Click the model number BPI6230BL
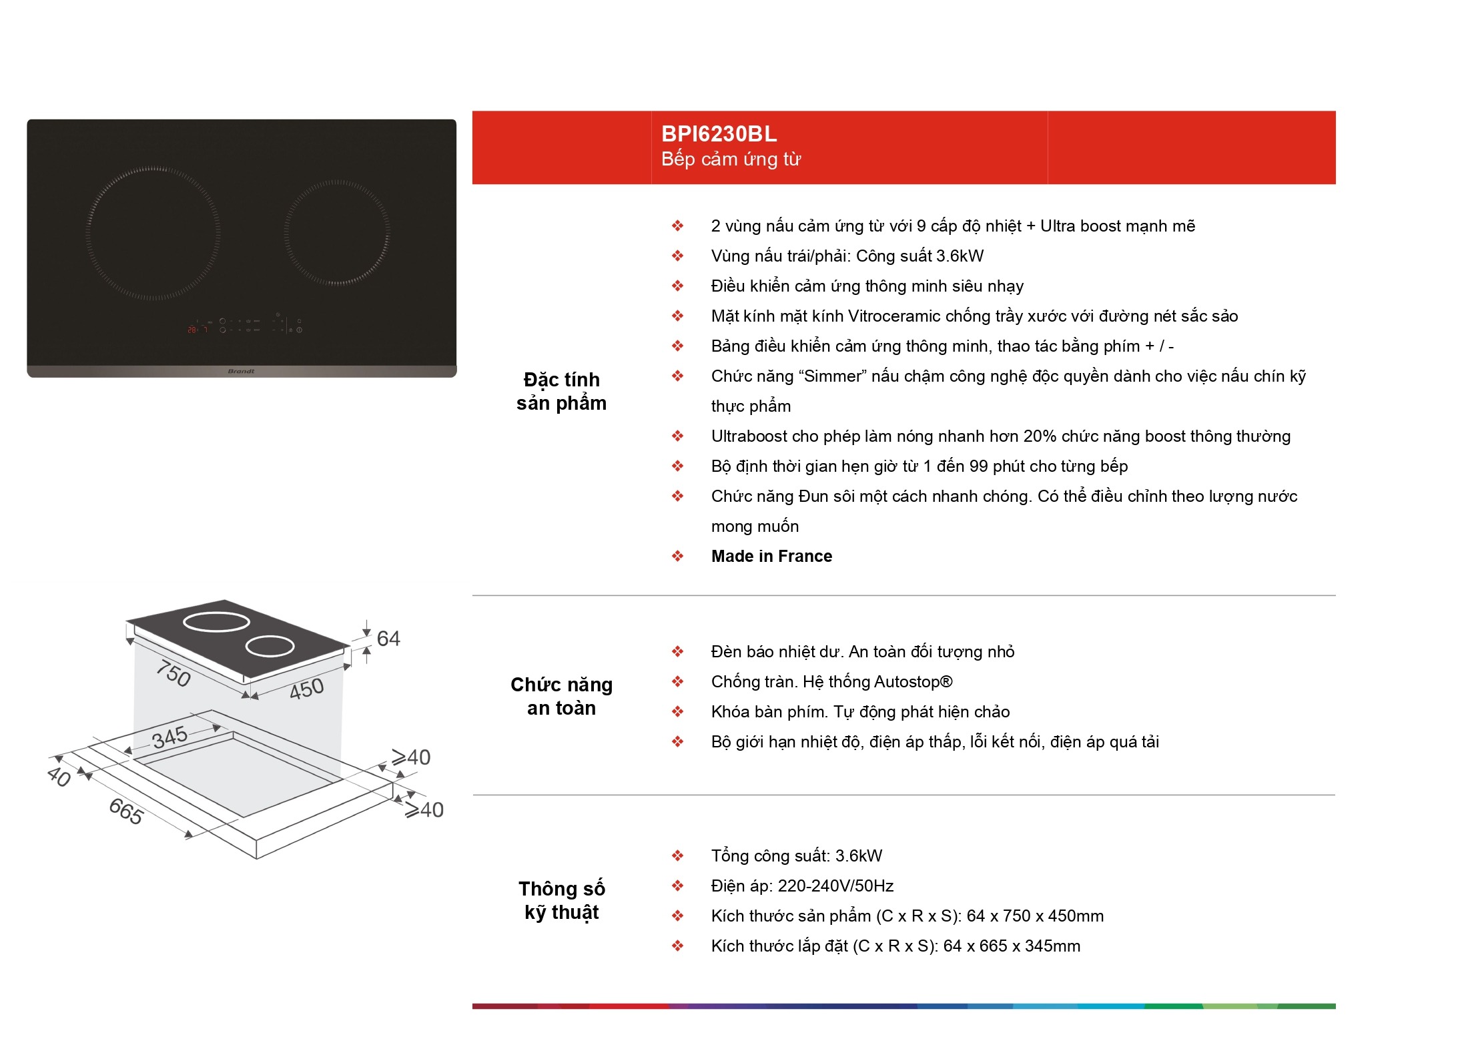719,134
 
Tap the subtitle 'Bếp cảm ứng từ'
731,159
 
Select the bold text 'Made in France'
771,556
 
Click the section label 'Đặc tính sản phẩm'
562,391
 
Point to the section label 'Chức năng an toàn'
562,696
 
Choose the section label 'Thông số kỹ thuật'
562,900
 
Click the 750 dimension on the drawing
173,673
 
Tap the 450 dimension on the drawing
306,688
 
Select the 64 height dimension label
388,639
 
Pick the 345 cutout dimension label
169,737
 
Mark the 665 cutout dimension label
126,811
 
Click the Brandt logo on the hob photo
241,371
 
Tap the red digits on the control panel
192,330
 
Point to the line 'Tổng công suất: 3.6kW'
797,855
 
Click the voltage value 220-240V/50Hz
835,886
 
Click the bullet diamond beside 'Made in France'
677,556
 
